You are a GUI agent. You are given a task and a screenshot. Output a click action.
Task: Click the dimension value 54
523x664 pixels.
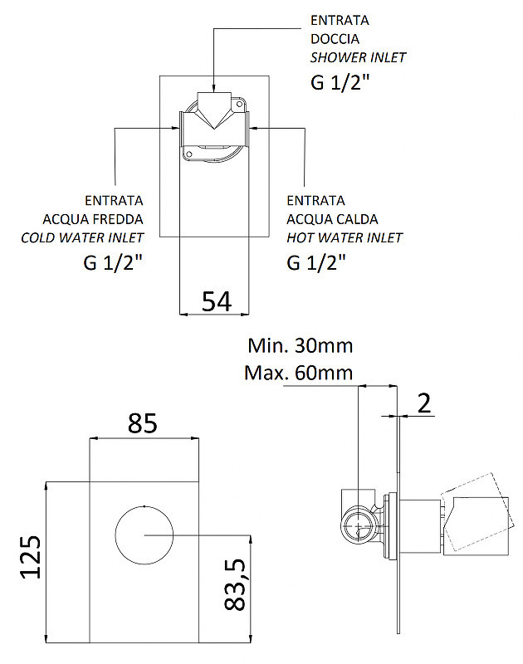coord(217,301)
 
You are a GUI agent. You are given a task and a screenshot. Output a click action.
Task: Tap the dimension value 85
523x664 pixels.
coord(142,423)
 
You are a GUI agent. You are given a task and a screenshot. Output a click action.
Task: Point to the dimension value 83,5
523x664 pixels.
coord(235,584)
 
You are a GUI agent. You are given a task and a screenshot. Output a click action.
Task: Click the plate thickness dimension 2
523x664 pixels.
coord(424,403)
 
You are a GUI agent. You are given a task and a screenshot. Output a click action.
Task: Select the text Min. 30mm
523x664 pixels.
coord(301,345)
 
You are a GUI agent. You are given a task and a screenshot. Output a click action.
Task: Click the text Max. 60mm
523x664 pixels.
coord(299,373)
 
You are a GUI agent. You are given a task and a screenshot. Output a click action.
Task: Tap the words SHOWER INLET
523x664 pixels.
coord(358,57)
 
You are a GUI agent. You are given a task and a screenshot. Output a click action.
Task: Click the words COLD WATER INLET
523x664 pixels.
coord(82,237)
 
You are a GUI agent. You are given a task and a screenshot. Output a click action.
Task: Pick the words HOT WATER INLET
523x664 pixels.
coord(345,237)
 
